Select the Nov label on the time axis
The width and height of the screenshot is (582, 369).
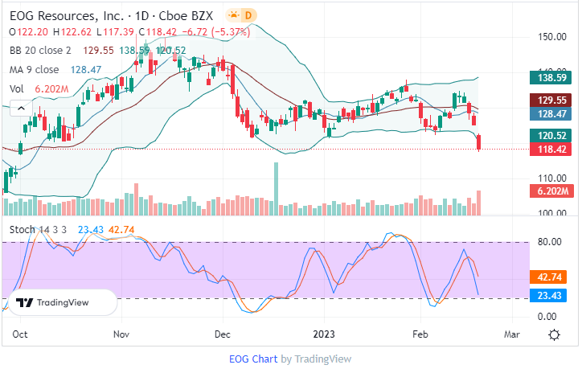[x=121, y=333]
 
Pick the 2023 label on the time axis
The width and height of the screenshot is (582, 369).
[x=324, y=333]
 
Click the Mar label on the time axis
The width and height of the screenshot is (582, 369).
[x=512, y=333]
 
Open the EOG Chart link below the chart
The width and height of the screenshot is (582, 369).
[x=253, y=359]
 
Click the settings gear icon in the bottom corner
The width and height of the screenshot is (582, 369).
[x=554, y=334]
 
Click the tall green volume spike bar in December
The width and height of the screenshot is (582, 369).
[x=277, y=188]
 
